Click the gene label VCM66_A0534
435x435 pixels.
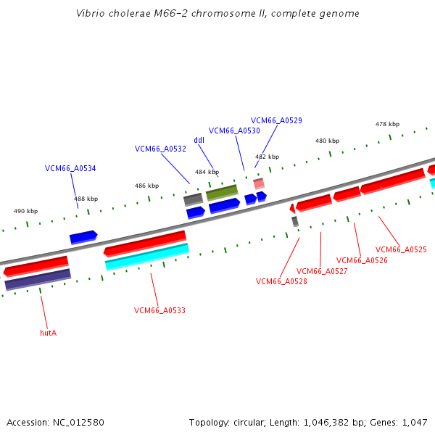70,168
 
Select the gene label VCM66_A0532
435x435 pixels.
160,149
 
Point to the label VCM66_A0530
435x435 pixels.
234,130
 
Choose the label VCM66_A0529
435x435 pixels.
276,120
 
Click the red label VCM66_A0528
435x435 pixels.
281,281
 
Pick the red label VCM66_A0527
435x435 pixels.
322,271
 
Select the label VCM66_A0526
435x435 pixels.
362,260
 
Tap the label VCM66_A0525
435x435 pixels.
401,249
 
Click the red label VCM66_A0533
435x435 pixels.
159,310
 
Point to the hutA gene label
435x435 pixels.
48,333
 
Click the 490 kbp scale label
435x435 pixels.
25,211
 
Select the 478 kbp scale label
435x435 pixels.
387,124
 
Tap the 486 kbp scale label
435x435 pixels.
146,186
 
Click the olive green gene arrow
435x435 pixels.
222,192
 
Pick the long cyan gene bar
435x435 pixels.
147,257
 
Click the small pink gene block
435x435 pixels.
259,183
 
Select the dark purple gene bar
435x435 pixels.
38,280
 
